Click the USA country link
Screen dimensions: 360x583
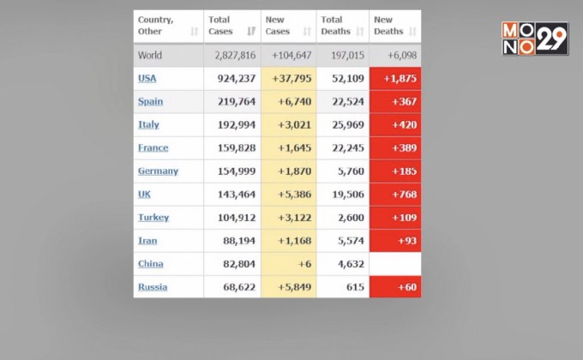click(147, 79)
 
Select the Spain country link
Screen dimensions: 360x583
click(150, 102)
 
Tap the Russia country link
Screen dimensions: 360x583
click(153, 287)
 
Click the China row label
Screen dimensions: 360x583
click(150, 264)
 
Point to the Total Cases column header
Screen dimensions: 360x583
click(221, 26)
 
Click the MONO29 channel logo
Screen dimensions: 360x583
click(535, 39)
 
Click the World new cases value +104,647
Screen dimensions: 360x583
click(290, 56)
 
